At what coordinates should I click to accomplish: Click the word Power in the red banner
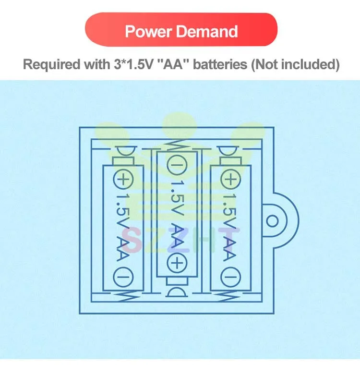[x=148, y=31]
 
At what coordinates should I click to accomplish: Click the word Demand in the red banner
[x=207, y=31]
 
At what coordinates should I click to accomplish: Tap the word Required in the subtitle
[x=51, y=64]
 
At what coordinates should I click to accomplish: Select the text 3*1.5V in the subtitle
[x=133, y=64]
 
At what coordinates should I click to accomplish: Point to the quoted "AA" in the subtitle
[x=173, y=64]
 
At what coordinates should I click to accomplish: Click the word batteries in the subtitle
[x=220, y=64]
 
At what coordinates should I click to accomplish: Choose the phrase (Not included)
[x=295, y=65]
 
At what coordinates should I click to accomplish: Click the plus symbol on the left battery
[x=123, y=180]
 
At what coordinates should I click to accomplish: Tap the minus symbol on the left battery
[x=123, y=277]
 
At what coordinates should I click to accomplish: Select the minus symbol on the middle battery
[x=177, y=165]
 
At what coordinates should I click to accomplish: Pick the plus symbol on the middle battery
[x=177, y=263]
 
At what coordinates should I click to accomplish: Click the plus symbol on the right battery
[x=230, y=180]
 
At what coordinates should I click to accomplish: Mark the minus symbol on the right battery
[x=230, y=277]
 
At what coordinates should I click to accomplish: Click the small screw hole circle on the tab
[x=272, y=221]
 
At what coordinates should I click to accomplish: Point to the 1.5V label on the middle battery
[x=177, y=198]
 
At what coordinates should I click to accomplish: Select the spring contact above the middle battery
[x=177, y=146]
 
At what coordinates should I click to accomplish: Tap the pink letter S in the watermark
[x=131, y=240]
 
